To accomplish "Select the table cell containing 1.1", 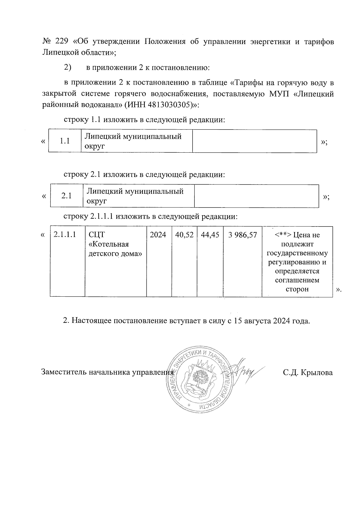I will tap(65, 141).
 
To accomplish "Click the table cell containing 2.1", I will tap(67, 196).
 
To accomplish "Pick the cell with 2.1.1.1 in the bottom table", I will tap(64, 235).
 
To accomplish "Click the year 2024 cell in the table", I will tap(158, 235).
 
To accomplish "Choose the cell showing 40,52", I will tap(184, 235).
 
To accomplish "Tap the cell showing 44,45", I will tap(210, 235).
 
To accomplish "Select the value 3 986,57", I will tap(242, 235).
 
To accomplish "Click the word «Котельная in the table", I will tap(109, 244).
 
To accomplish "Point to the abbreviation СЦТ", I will tap(97, 235).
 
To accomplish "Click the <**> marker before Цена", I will tap(283, 235).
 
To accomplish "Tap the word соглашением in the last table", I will tap(297, 280).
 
